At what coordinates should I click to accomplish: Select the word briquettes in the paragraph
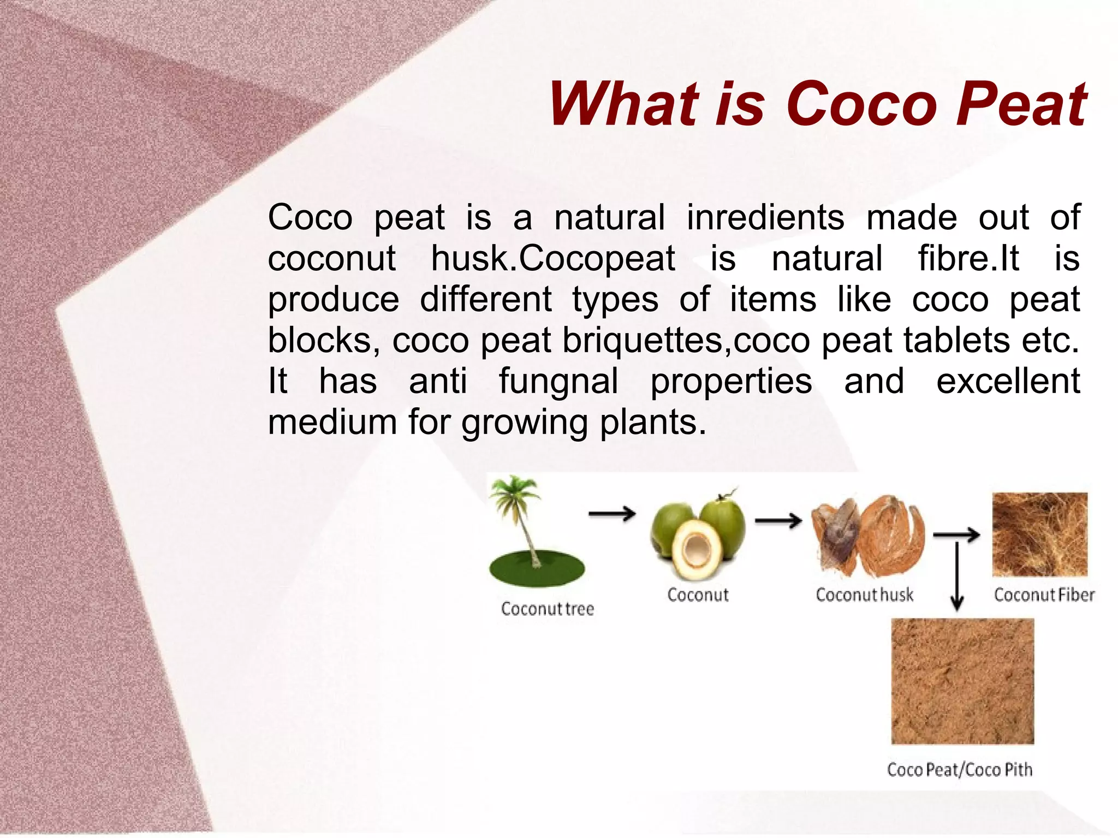[x=645, y=341]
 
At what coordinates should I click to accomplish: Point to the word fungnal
[x=558, y=381]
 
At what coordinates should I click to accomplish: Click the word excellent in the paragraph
[x=1008, y=381]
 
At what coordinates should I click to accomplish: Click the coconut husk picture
[x=868, y=535]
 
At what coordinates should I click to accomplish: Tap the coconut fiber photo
[x=1039, y=534]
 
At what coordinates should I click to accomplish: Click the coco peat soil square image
[x=962, y=681]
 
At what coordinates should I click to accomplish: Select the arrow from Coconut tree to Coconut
[x=611, y=514]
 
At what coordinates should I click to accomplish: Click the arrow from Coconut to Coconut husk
[x=778, y=521]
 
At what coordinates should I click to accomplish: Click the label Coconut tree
[x=547, y=609]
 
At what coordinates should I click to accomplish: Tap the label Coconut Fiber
[x=1044, y=595]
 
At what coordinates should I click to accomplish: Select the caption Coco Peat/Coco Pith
[x=960, y=770]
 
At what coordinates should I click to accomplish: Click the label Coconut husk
[x=864, y=595]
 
